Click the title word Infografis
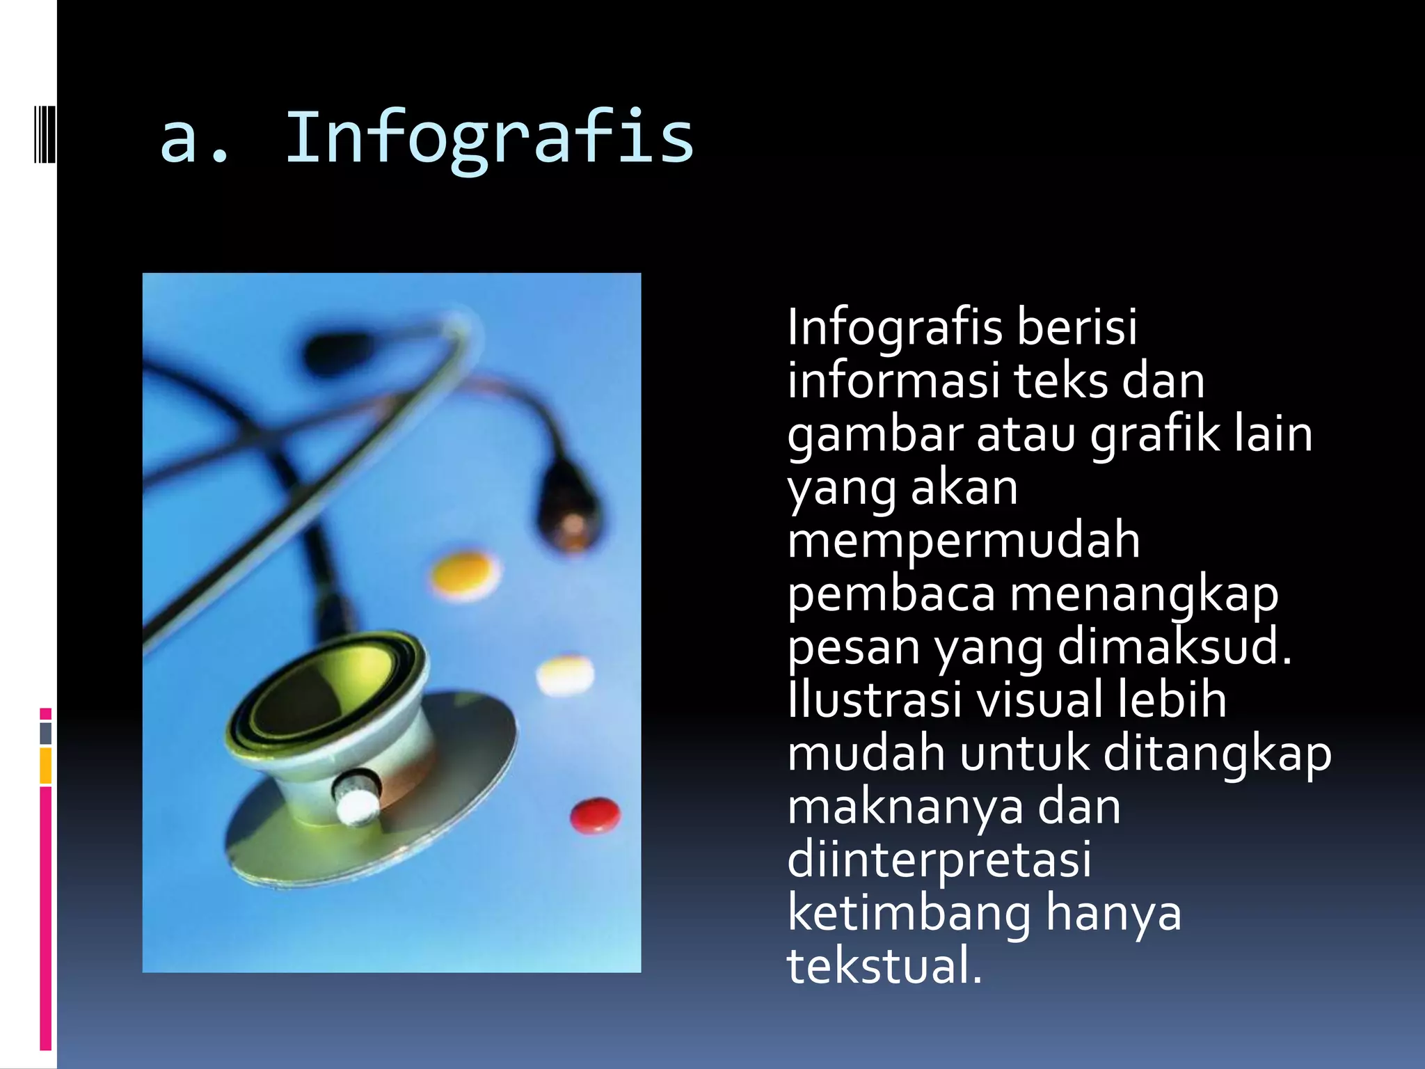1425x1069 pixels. [x=489, y=139]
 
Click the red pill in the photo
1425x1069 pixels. [x=595, y=816]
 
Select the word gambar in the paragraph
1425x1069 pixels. [x=875, y=434]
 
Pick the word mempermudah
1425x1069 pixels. [x=964, y=541]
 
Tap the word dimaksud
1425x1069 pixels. [x=1175, y=647]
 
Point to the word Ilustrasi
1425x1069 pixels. [x=875, y=700]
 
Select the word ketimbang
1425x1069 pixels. [x=909, y=913]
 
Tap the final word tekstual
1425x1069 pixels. [x=884, y=967]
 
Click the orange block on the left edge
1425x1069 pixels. [x=46, y=766]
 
